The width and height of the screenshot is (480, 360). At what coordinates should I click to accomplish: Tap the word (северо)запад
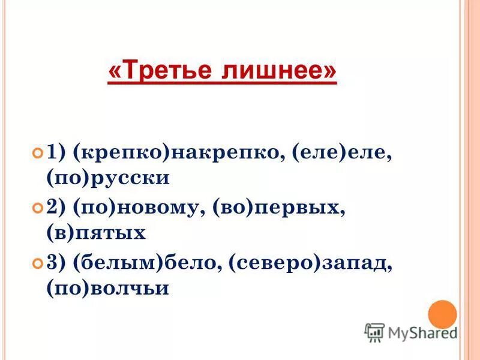click(308, 263)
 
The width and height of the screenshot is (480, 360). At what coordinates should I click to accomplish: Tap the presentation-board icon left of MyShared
click(374, 332)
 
